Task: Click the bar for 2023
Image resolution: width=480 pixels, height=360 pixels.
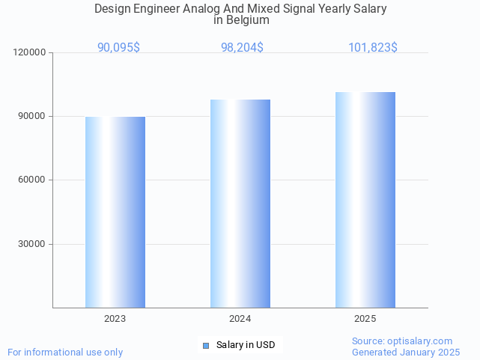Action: tap(115, 212)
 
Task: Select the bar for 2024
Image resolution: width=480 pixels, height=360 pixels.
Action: tap(240, 204)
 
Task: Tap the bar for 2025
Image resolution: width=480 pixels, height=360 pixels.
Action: tap(365, 200)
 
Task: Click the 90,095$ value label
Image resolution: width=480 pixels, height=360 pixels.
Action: tap(118, 47)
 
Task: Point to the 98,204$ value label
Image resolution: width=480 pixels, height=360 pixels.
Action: tap(242, 47)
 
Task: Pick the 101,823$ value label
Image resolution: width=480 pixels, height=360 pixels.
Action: tap(372, 47)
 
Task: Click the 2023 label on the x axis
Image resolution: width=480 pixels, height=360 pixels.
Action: tap(115, 319)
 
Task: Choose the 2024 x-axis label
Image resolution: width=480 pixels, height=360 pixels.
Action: tap(240, 319)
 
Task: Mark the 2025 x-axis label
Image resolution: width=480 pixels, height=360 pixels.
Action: tap(365, 319)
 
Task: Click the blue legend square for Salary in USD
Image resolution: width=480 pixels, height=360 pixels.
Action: tap(206, 345)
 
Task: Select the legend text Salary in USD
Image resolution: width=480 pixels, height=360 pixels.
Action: tap(246, 345)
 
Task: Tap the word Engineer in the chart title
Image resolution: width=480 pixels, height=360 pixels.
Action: tap(157, 9)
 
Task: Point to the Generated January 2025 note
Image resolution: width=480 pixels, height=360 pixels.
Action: tap(406, 352)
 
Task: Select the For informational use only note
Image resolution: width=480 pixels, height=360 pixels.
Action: tap(65, 352)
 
